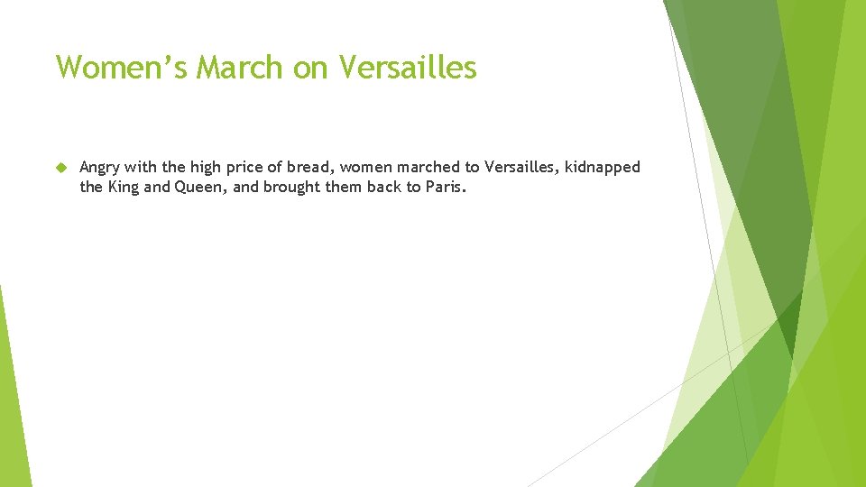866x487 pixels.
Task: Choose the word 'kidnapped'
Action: tap(603, 168)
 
